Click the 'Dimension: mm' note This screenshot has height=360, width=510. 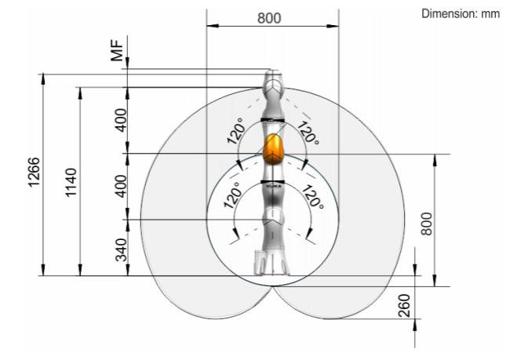tap(461, 13)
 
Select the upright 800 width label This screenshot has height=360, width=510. tap(269, 18)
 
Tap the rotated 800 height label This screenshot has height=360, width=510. tap(427, 224)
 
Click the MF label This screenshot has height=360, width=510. tap(118, 50)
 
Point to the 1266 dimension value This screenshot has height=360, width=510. tap(34, 172)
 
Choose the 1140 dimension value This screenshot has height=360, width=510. tap(71, 183)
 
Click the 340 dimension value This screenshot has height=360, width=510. tap(122, 249)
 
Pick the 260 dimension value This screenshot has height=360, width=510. tap(405, 306)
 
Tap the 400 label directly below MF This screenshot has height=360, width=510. tap(121, 120)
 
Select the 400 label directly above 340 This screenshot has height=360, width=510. tap(121, 186)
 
